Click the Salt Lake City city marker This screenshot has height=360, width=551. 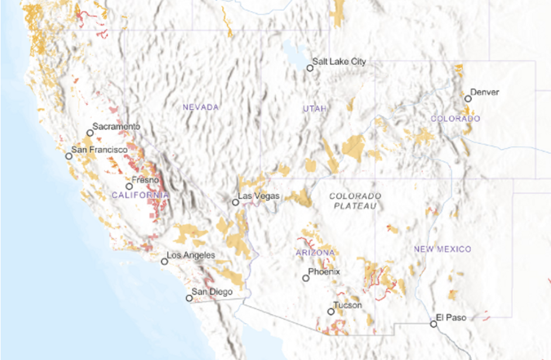pos(310,68)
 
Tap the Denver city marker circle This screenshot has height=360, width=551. pos(468,99)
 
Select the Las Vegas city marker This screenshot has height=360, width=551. pos(235,203)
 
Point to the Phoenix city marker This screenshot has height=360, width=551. pos(306,278)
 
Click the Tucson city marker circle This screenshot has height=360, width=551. pos(331,311)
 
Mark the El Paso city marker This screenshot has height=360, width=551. pos(433,324)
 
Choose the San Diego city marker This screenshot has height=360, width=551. pos(189,298)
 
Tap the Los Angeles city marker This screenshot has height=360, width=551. pos(165,262)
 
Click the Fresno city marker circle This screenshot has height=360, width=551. pos(129,186)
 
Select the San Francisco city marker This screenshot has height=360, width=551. pos(69,156)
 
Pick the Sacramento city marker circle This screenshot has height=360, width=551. pos(90,133)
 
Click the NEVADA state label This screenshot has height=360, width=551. pos(201,108)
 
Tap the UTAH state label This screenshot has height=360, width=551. pos(315,109)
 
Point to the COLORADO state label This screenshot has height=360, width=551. pos(455,119)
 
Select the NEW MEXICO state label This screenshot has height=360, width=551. pos(442,250)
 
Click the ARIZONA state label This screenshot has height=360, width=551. pos(315,252)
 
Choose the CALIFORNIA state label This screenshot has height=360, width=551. pos(140,195)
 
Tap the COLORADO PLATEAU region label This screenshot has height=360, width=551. pos(355,201)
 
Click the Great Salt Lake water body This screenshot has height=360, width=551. pos(291,50)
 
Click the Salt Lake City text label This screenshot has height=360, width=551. pos(339,61)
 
